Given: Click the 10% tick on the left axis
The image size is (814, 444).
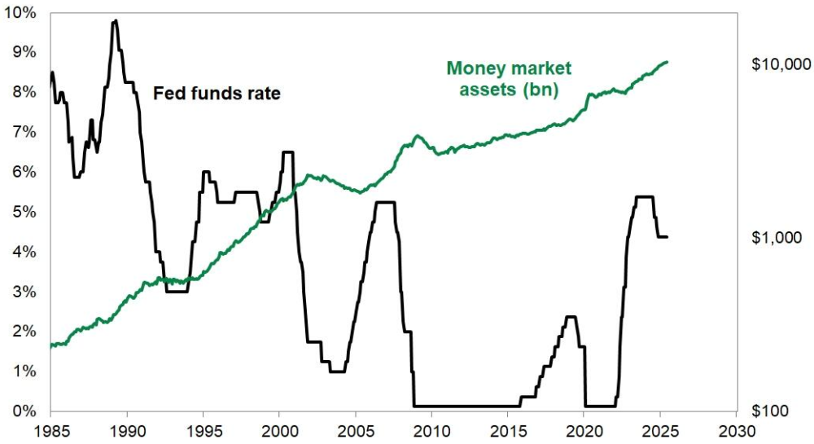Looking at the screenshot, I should [x=21, y=13].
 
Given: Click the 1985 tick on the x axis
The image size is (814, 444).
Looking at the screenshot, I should [x=50, y=429].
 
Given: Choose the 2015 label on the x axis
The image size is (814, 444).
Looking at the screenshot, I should [x=508, y=429].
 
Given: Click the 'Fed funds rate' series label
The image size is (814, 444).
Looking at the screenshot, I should [x=217, y=94].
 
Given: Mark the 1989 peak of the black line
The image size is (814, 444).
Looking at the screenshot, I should [x=115, y=21].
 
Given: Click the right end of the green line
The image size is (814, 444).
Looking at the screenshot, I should [x=668, y=62].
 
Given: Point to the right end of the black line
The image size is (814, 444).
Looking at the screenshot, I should [x=668, y=236].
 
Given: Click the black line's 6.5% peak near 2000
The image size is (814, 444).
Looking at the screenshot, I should [x=287, y=152].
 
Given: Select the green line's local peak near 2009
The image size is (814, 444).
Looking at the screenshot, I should [x=418, y=136].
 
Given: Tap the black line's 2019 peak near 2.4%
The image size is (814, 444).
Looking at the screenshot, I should [x=571, y=317].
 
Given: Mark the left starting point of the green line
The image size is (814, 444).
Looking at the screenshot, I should [x=50, y=345].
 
